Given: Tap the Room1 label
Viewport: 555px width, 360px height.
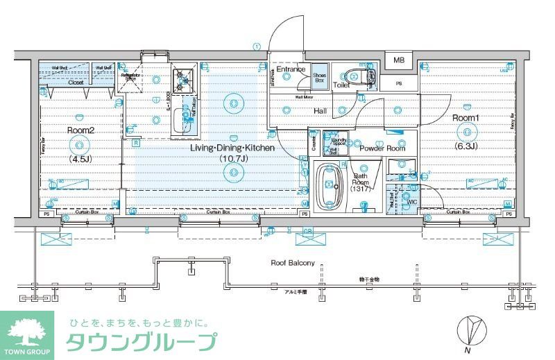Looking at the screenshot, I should point(466,118).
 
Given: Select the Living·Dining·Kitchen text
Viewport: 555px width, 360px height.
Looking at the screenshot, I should point(232,148).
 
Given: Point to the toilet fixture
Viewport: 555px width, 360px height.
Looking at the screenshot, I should point(360,76).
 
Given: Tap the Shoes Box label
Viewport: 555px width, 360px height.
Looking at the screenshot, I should point(320,78).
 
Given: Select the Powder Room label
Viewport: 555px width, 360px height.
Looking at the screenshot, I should point(382,148).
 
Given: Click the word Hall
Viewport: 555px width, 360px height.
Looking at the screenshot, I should point(320,111).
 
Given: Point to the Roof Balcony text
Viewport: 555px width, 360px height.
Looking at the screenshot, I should point(292,263).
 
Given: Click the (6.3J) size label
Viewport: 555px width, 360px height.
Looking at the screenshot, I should point(465,146).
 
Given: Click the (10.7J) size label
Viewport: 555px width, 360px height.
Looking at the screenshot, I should point(232,160).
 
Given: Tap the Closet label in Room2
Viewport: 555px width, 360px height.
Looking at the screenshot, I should point(76,82).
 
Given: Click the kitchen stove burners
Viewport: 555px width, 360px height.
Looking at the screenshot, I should point(185,80).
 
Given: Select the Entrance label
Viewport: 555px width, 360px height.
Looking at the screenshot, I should point(291,69).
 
